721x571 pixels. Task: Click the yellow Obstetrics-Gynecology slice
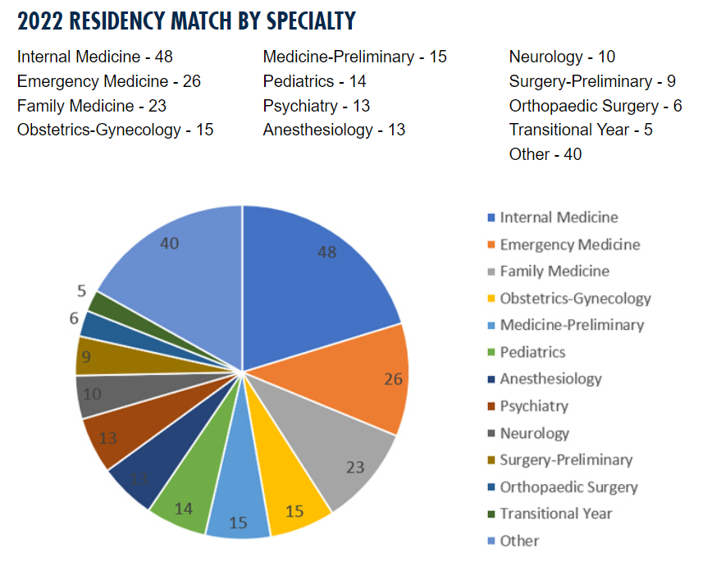pyautogui.click(x=291, y=500)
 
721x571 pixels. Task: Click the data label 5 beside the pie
pyautogui.click(x=81, y=290)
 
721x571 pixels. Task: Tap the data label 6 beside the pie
pyautogui.click(x=73, y=317)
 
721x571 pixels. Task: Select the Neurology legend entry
pyautogui.click(x=534, y=433)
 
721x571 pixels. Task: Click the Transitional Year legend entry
pyautogui.click(x=555, y=514)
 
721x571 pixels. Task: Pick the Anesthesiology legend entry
pyautogui.click(x=550, y=379)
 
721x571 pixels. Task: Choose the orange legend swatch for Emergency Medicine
pyautogui.click(x=491, y=244)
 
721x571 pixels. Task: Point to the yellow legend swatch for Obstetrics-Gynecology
pyautogui.click(x=491, y=299)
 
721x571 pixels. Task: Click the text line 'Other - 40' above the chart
pyautogui.click(x=545, y=154)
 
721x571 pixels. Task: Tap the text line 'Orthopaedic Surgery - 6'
pyautogui.click(x=595, y=106)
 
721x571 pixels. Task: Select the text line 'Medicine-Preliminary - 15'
pyautogui.click(x=354, y=57)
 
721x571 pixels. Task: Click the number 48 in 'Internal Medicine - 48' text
pyautogui.click(x=163, y=57)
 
